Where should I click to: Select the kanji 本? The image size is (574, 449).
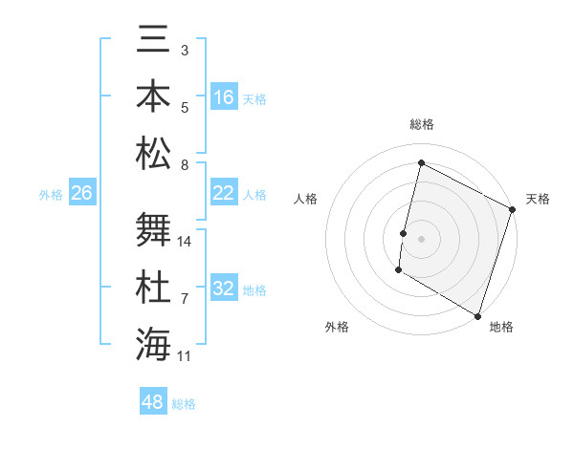[154, 97]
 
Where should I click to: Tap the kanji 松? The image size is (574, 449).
[154, 154]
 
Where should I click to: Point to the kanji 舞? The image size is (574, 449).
[154, 230]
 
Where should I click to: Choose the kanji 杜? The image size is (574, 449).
[154, 288]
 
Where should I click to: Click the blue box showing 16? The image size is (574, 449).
[224, 97]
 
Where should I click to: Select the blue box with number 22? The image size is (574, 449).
[224, 193]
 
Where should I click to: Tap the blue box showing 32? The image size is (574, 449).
[224, 289]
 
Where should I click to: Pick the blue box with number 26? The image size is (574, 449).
[81, 193]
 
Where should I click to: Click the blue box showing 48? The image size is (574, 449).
[153, 402]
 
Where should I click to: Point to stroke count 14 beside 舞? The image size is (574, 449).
[185, 242]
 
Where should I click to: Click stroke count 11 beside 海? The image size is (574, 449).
[185, 356]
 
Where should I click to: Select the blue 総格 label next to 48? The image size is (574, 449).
[184, 404]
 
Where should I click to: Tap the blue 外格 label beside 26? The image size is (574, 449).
[51, 195]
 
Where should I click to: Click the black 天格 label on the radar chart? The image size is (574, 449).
[538, 199]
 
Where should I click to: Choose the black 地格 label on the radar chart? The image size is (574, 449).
[501, 327]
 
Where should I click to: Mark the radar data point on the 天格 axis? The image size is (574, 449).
[512, 209]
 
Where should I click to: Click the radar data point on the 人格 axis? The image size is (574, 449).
[404, 233]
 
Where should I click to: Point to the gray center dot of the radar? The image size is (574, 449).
[421, 238]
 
